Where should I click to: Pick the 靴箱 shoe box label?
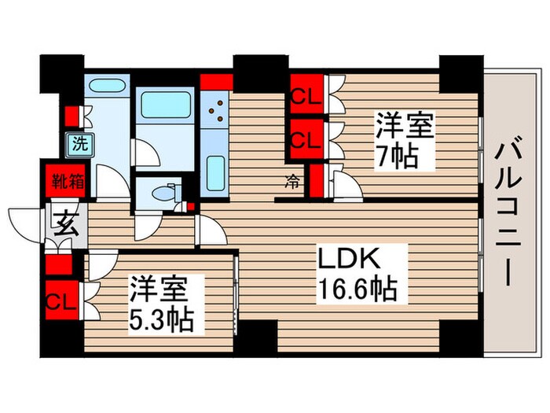pos(64,183)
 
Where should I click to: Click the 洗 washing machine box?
pos(79,144)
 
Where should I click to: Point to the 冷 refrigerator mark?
pos(291,182)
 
